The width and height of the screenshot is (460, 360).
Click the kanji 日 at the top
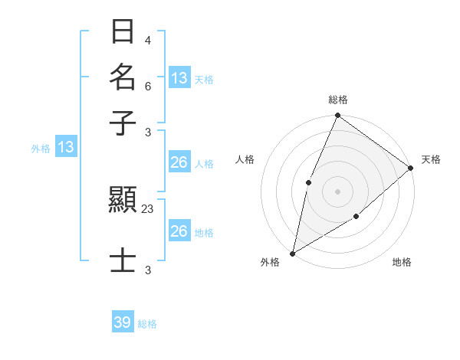[x=123, y=32]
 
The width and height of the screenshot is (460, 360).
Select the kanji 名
[x=123, y=77]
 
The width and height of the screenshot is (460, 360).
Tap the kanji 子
[x=123, y=123]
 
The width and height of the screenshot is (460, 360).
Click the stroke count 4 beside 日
[x=147, y=40]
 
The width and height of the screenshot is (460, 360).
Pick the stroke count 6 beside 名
[x=147, y=87]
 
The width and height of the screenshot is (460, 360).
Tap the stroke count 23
[x=148, y=208]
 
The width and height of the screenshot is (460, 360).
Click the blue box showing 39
[x=123, y=322]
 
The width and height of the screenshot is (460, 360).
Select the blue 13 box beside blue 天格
[x=179, y=78]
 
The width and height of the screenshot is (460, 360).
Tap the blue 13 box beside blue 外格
[x=66, y=147]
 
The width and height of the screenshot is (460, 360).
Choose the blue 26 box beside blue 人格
[x=179, y=162]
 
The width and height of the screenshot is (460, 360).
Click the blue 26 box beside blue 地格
[x=179, y=231]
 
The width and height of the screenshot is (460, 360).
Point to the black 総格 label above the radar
[x=337, y=100]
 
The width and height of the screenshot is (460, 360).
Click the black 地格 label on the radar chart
[x=402, y=263]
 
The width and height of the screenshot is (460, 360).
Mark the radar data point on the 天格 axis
[x=410, y=168]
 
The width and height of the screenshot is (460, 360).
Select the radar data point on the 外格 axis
[x=292, y=253]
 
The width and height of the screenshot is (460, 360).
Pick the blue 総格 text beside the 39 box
[x=147, y=324]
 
